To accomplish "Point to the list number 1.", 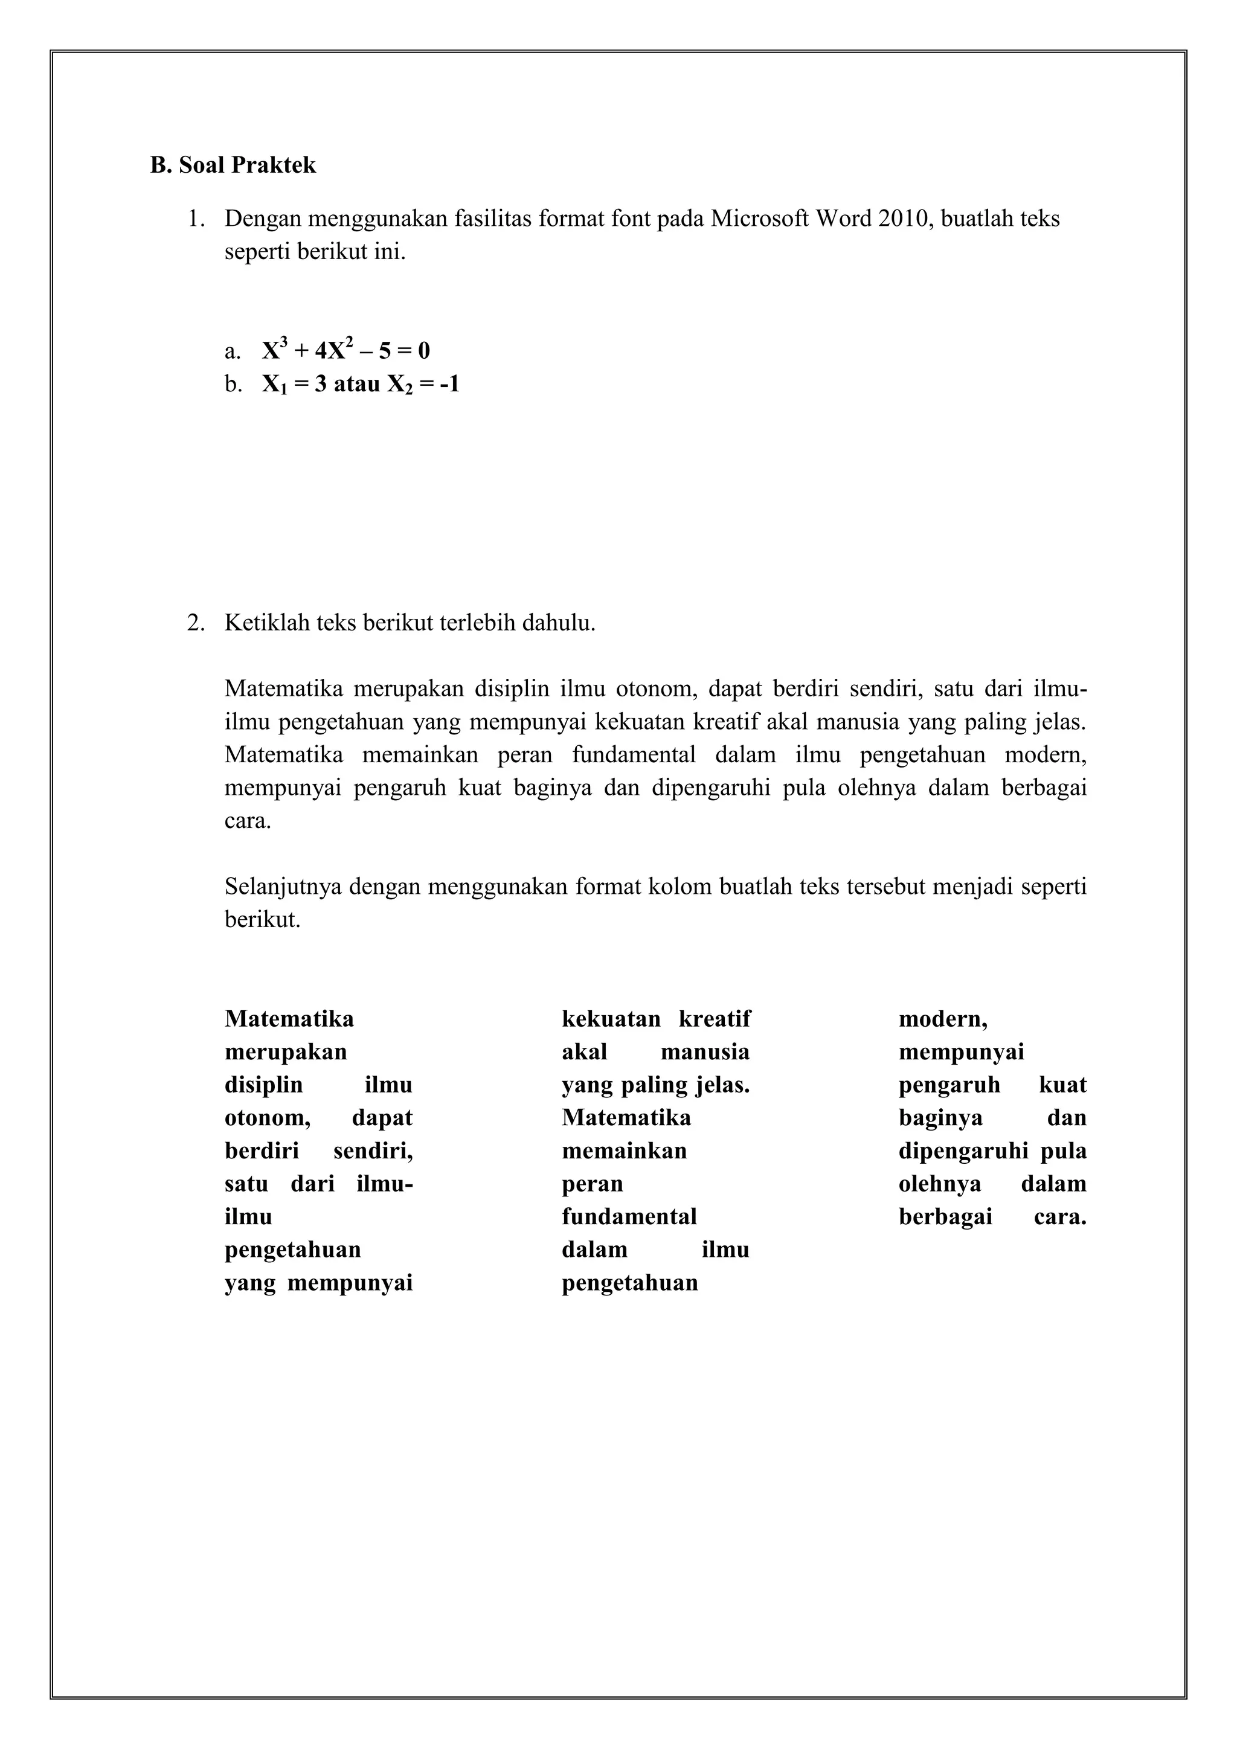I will pos(196,219).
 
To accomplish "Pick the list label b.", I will pos(233,384).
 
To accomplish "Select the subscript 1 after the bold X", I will pos(283,390).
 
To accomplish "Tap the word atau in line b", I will pos(356,384).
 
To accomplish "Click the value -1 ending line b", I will pos(449,384).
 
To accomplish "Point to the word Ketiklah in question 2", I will pos(268,623).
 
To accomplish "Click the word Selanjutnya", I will pos(283,887).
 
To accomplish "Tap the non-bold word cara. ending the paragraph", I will pos(248,822).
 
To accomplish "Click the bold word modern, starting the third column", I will pos(943,1019).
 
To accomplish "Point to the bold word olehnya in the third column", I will pos(940,1184).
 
